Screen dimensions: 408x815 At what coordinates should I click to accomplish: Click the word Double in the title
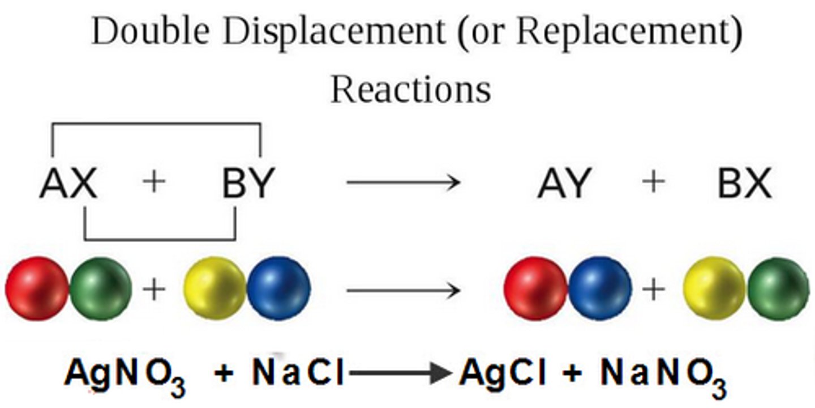(x=149, y=32)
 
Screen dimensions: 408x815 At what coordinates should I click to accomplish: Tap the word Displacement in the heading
(x=334, y=32)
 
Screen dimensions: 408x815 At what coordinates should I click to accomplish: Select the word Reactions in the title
(x=410, y=89)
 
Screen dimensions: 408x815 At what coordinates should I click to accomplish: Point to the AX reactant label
(x=68, y=184)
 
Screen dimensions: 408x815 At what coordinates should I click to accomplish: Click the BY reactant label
(x=247, y=184)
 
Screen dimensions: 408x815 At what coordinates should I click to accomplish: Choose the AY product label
(x=564, y=184)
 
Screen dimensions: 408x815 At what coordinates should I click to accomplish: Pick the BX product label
(x=744, y=184)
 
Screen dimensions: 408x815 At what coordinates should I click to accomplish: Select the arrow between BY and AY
(x=402, y=182)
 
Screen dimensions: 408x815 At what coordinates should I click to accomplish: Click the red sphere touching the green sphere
(x=37, y=288)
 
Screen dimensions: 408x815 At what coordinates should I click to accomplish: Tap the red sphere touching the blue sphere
(x=535, y=288)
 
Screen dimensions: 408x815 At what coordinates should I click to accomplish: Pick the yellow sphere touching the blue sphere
(x=215, y=289)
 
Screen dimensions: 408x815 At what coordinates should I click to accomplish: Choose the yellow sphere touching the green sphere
(x=714, y=289)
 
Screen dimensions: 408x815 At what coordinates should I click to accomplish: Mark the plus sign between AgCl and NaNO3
(x=572, y=374)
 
